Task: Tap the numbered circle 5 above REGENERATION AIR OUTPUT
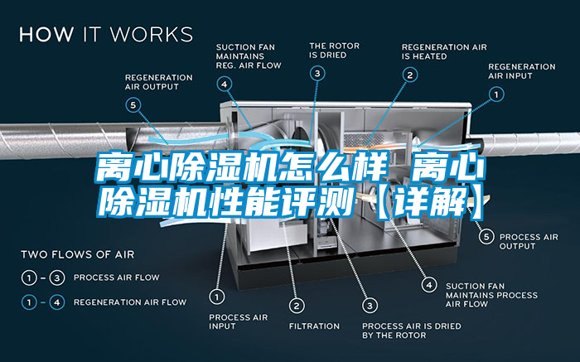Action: [x=133, y=104]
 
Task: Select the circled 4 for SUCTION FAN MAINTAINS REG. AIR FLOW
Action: [x=225, y=83]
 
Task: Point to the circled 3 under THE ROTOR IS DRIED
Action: [x=318, y=74]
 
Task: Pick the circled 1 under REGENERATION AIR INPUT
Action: [x=497, y=94]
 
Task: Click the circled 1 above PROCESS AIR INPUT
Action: [x=218, y=295]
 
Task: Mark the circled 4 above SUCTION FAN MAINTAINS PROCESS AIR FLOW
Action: [x=429, y=284]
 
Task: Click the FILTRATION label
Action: [x=314, y=326]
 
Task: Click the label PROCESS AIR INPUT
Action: [x=238, y=321]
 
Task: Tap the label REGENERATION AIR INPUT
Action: [x=521, y=71]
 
